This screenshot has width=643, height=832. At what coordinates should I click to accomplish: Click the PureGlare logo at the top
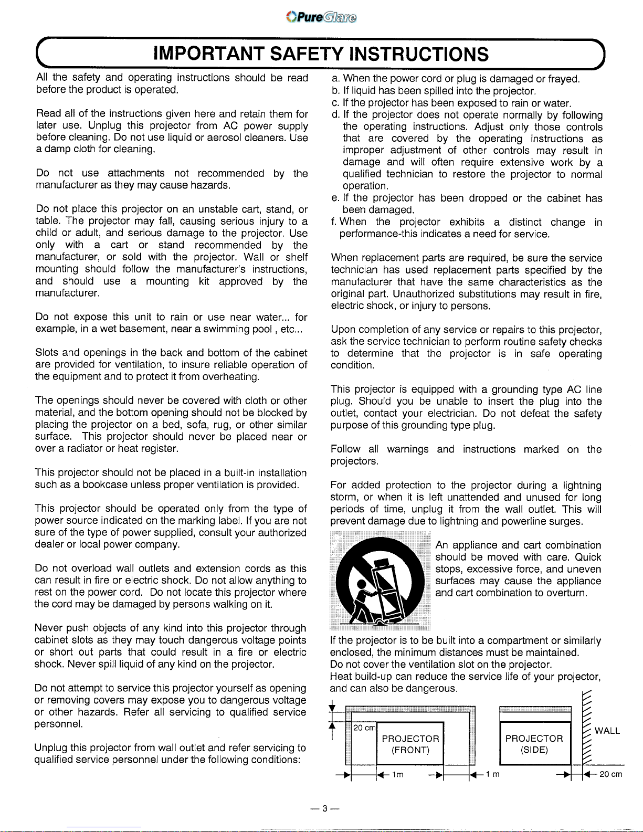click(x=321, y=17)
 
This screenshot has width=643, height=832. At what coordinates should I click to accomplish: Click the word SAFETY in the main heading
click(x=307, y=54)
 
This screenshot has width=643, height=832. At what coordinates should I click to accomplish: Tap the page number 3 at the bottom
click(x=324, y=808)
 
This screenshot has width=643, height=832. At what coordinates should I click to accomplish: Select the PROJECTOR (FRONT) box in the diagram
click(x=410, y=744)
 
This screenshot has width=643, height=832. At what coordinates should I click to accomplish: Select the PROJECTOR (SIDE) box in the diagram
click(x=534, y=744)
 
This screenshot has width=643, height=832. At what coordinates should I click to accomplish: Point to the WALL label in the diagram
click(x=607, y=731)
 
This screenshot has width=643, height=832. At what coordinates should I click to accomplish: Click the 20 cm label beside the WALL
click(x=611, y=774)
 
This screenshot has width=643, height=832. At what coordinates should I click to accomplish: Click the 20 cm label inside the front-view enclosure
click(x=364, y=728)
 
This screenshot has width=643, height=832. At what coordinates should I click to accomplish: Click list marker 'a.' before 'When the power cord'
click(x=336, y=79)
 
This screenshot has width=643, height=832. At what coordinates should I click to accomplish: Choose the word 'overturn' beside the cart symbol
click(x=567, y=593)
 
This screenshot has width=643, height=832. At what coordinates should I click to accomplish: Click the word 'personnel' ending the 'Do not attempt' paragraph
click(x=57, y=724)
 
